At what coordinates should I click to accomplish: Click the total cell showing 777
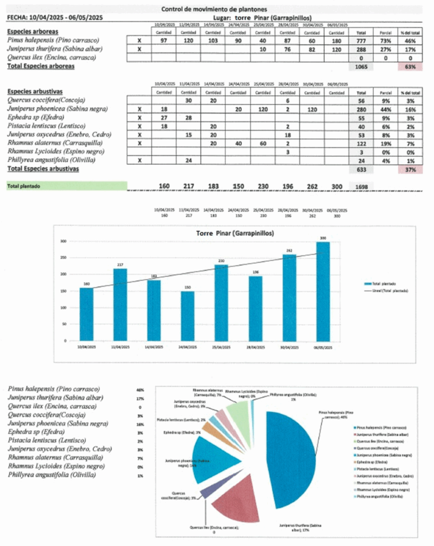360,40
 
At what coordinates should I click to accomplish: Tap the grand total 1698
360,186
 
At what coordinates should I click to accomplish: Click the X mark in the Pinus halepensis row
140,40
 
